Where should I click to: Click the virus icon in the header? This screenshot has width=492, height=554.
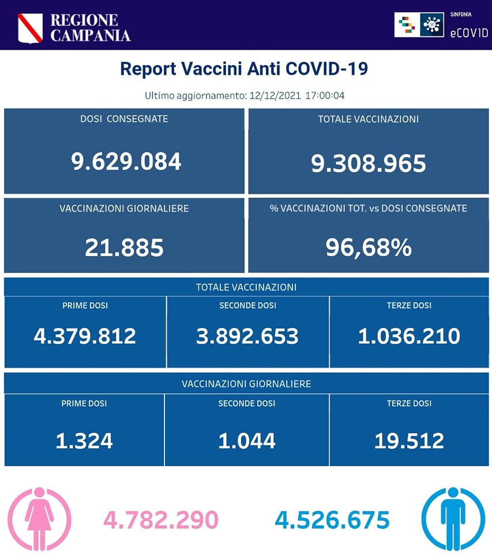tap(431, 25)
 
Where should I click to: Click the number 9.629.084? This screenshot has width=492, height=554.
tap(126, 162)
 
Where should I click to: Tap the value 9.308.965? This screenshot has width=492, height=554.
tap(369, 163)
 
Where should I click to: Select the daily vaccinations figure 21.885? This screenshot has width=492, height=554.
tap(124, 248)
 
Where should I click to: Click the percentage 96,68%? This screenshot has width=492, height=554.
tap(369, 248)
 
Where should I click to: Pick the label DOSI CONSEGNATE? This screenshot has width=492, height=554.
tap(124, 119)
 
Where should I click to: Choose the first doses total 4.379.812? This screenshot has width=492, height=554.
tap(85, 335)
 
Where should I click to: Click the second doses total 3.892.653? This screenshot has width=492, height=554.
tap(247, 335)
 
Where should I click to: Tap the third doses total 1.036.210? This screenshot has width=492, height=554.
tap(409, 335)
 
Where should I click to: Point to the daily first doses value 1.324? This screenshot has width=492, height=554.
tap(84, 441)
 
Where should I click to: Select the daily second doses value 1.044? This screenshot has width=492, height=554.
tap(247, 441)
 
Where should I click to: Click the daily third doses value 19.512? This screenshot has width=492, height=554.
tap(409, 441)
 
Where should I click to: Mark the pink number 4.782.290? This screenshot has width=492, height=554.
tap(161, 519)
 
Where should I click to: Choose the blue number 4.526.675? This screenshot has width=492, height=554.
tap(332, 519)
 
